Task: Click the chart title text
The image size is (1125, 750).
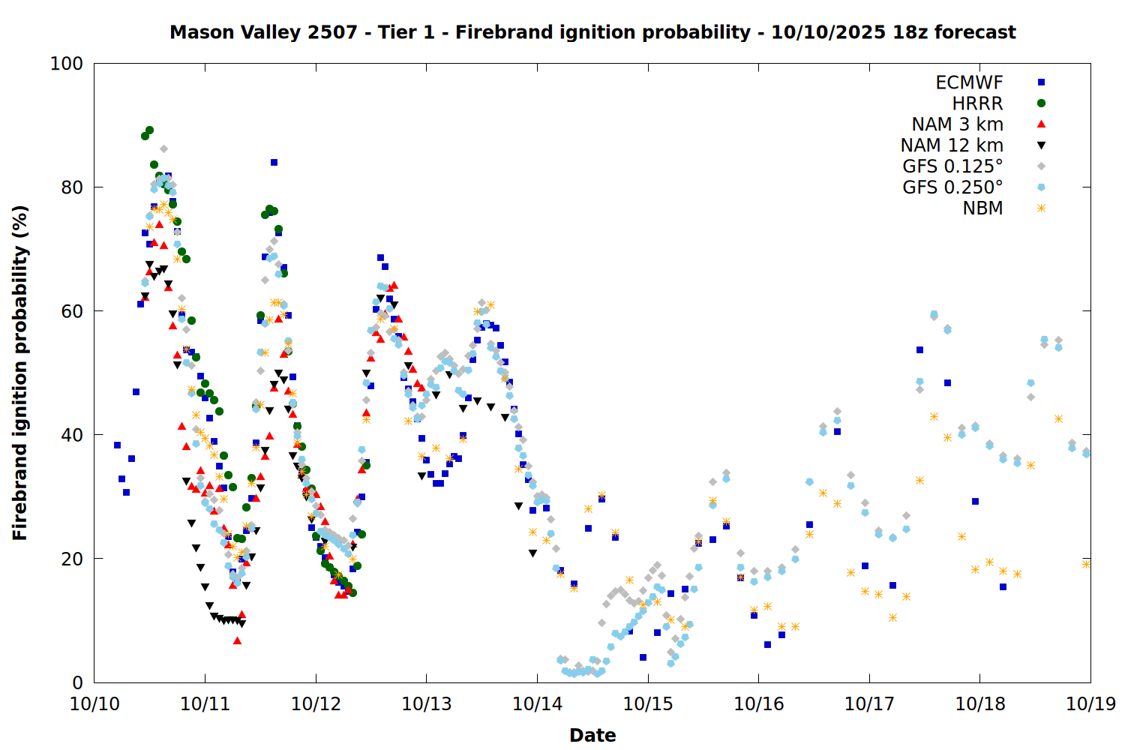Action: pos(592,32)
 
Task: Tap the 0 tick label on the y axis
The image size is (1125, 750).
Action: pos(76,682)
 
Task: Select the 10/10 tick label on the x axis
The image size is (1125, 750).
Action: pos(94,704)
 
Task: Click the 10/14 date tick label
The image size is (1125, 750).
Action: pos(537,704)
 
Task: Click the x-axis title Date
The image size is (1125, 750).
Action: pos(592,735)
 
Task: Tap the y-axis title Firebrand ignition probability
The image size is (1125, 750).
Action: pos(20,373)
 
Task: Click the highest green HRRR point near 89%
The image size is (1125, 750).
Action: pos(149,130)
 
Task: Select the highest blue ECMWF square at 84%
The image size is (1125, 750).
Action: pos(274,162)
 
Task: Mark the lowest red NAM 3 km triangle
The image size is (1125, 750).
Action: pos(237,640)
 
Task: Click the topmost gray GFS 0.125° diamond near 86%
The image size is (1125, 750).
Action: pos(163,148)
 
